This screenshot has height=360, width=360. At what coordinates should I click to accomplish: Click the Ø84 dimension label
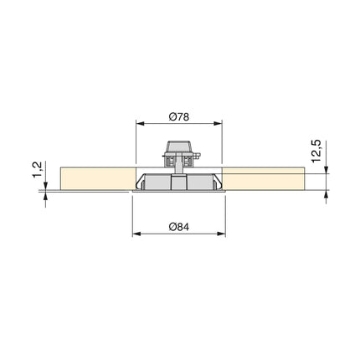(x=179, y=225)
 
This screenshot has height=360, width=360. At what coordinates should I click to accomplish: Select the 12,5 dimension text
(x=314, y=152)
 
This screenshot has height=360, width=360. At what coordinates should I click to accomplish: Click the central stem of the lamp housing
(x=179, y=179)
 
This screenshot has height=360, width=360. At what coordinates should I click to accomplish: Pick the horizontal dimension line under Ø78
(x=179, y=123)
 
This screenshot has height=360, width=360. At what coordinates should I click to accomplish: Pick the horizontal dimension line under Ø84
(x=179, y=234)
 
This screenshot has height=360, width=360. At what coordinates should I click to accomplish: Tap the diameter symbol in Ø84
(x=171, y=225)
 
